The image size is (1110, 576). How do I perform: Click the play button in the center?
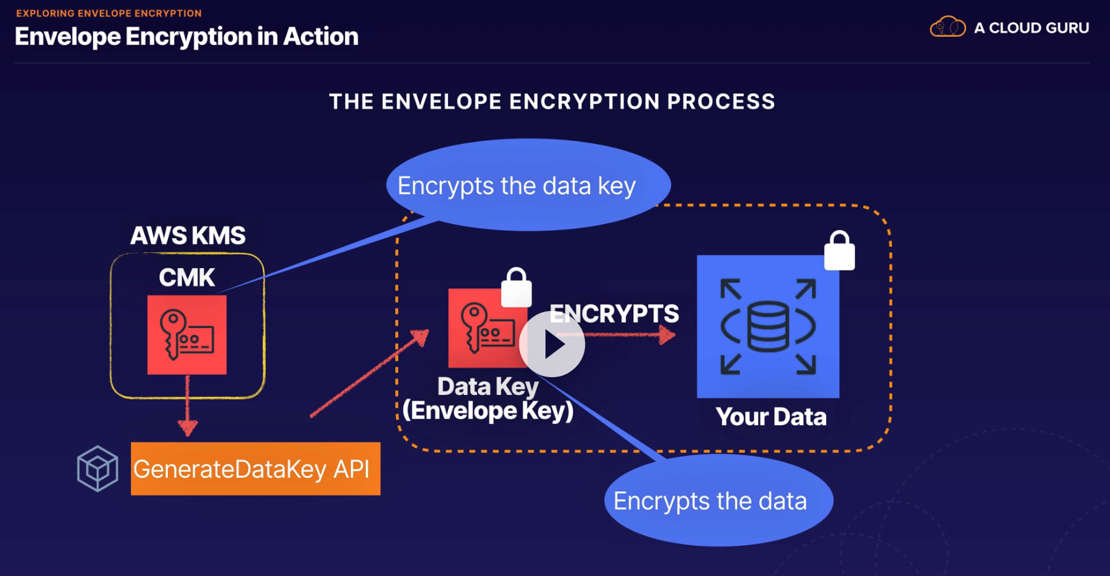[552, 344]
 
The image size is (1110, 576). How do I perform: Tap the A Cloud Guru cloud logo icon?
[948, 27]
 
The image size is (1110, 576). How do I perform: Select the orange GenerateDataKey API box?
[255, 469]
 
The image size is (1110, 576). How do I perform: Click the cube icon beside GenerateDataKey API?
[97, 468]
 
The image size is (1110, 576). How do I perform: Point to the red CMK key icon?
[186, 335]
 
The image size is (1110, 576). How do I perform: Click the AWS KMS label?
[188, 236]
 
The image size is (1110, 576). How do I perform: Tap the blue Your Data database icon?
[768, 326]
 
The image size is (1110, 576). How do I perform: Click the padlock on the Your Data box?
[840, 251]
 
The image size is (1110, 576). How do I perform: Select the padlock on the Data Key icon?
[516, 288]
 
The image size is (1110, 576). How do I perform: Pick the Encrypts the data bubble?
[718, 501]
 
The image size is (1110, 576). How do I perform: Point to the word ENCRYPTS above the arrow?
[614, 313]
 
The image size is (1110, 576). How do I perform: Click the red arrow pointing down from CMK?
[188, 408]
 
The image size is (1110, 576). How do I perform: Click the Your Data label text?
[771, 417]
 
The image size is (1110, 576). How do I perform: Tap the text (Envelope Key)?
[488, 411]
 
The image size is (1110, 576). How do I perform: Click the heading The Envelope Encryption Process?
[552, 101]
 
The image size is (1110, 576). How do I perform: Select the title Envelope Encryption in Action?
[186, 36]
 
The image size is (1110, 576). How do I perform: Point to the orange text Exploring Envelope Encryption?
[109, 13]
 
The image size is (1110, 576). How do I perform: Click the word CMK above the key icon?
[186, 278]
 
